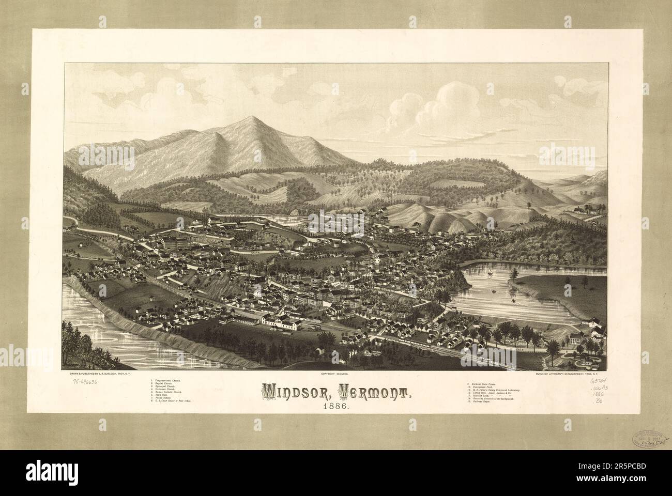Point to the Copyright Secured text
click(335, 373)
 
